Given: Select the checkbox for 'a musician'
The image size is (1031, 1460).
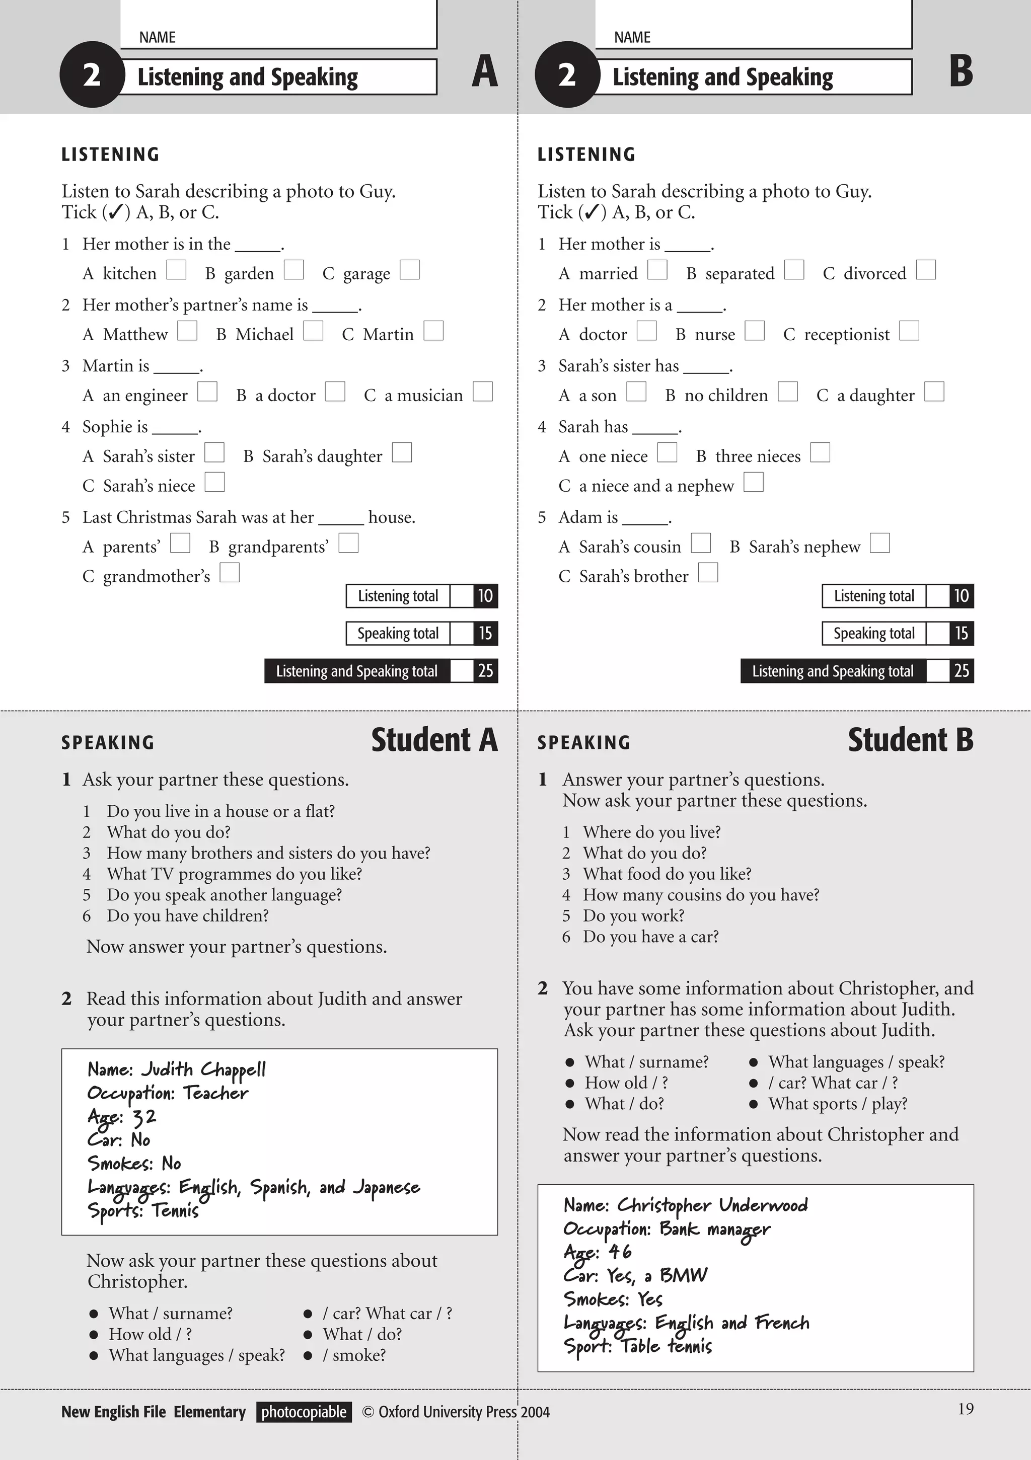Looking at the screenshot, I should [x=483, y=392].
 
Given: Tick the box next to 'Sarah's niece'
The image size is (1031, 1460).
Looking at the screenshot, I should [x=214, y=482].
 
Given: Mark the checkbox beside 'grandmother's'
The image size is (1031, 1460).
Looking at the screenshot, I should [x=230, y=573].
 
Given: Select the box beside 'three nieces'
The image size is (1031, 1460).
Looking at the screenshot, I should [x=820, y=453].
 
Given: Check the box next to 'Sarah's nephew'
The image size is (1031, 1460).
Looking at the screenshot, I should [x=879, y=543].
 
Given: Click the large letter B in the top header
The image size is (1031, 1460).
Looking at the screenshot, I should [x=961, y=71].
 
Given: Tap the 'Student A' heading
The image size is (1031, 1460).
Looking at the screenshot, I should [x=434, y=740].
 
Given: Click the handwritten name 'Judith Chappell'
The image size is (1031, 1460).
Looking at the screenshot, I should [x=203, y=1070].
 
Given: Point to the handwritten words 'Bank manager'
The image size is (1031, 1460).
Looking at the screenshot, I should [x=714, y=1229].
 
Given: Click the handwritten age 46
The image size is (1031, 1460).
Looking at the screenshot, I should [x=620, y=1252].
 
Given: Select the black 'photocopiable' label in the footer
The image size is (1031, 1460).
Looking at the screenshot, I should [x=304, y=1412].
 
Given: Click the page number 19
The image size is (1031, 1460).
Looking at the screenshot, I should [x=965, y=1409].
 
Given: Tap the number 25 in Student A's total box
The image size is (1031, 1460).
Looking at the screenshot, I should [x=485, y=671].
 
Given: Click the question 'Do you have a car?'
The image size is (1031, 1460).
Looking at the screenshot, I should [x=650, y=937].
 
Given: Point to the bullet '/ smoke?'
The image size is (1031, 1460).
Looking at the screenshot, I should [x=353, y=1355].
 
